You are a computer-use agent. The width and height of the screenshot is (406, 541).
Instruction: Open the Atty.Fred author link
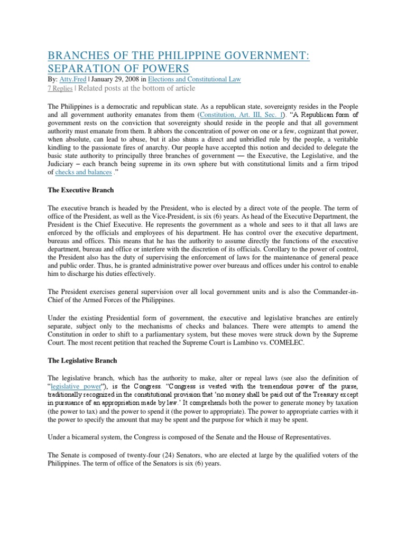tap(72, 79)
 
